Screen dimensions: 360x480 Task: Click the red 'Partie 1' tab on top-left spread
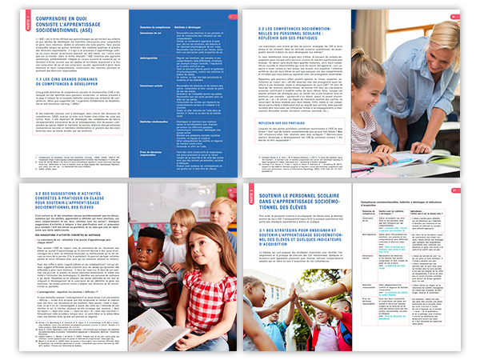pos(27,14)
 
